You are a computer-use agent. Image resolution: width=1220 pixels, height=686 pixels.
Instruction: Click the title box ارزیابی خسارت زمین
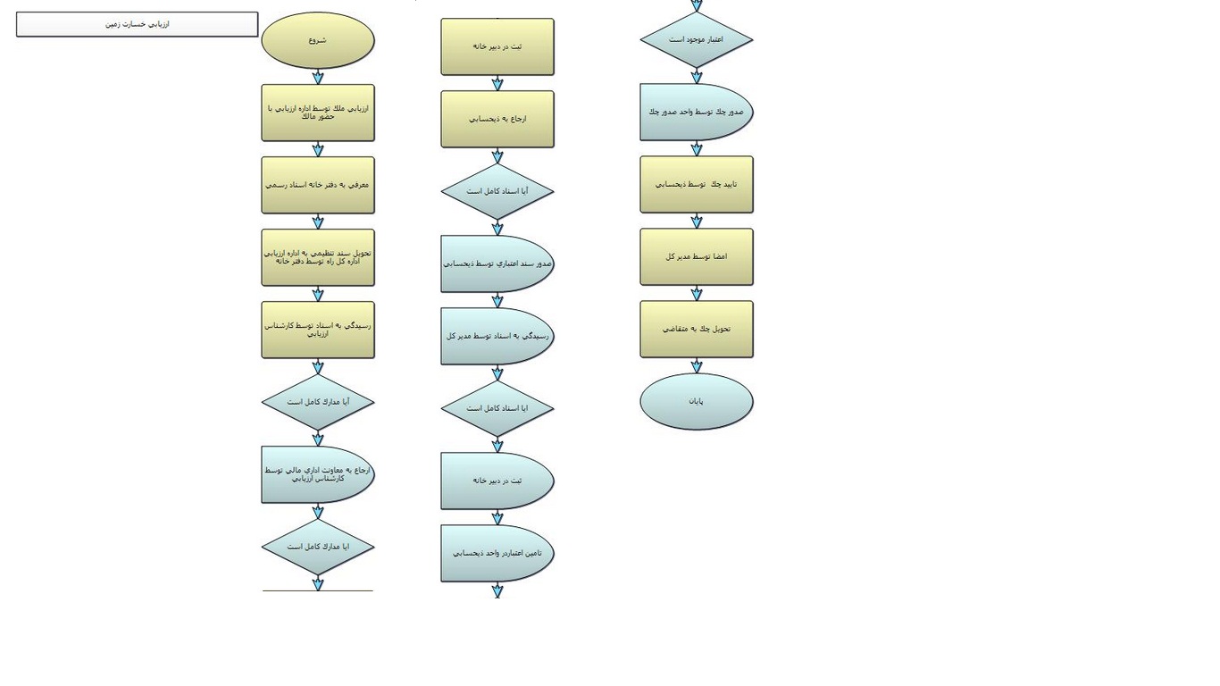(137, 24)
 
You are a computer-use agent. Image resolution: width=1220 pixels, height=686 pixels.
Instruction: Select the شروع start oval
(318, 40)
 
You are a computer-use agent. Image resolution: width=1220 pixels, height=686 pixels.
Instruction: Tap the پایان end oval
(697, 401)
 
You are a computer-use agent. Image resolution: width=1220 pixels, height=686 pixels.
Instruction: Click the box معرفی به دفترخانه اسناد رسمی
(318, 185)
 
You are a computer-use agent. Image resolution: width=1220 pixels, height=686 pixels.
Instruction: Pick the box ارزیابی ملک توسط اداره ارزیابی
(318, 113)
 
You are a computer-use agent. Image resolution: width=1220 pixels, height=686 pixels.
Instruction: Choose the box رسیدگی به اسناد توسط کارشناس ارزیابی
(318, 330)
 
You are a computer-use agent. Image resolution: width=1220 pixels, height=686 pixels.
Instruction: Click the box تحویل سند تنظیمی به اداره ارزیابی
(318, 257)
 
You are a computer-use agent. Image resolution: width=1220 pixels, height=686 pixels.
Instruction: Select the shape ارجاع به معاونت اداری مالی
(318, 474)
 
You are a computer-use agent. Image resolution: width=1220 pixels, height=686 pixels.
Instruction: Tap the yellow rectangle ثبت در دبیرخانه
(497, 46)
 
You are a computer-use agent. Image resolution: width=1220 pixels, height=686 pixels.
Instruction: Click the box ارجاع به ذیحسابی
(497, 119)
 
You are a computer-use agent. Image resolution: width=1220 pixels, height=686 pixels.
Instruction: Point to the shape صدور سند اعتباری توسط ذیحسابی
(497, 264)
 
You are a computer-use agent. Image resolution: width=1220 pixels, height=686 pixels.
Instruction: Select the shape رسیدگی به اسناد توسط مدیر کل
(497, 336)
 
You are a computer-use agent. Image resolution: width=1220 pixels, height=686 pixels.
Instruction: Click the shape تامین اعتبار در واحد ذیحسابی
(497, 553)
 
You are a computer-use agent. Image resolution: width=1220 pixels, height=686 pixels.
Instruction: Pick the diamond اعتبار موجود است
(697, 39)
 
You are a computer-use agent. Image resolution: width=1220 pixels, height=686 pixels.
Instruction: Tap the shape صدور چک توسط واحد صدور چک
(697, 113)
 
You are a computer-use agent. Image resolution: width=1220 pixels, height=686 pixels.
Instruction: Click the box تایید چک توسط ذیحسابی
(697, 185)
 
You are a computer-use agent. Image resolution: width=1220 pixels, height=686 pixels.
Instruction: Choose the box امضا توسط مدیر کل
(697, 257)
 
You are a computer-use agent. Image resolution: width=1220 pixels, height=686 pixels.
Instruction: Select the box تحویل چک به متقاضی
(697, 330)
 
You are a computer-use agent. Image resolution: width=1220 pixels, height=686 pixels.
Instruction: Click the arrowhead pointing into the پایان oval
(697, 367)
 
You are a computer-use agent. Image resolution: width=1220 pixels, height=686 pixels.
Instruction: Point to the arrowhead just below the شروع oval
(318, 78)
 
